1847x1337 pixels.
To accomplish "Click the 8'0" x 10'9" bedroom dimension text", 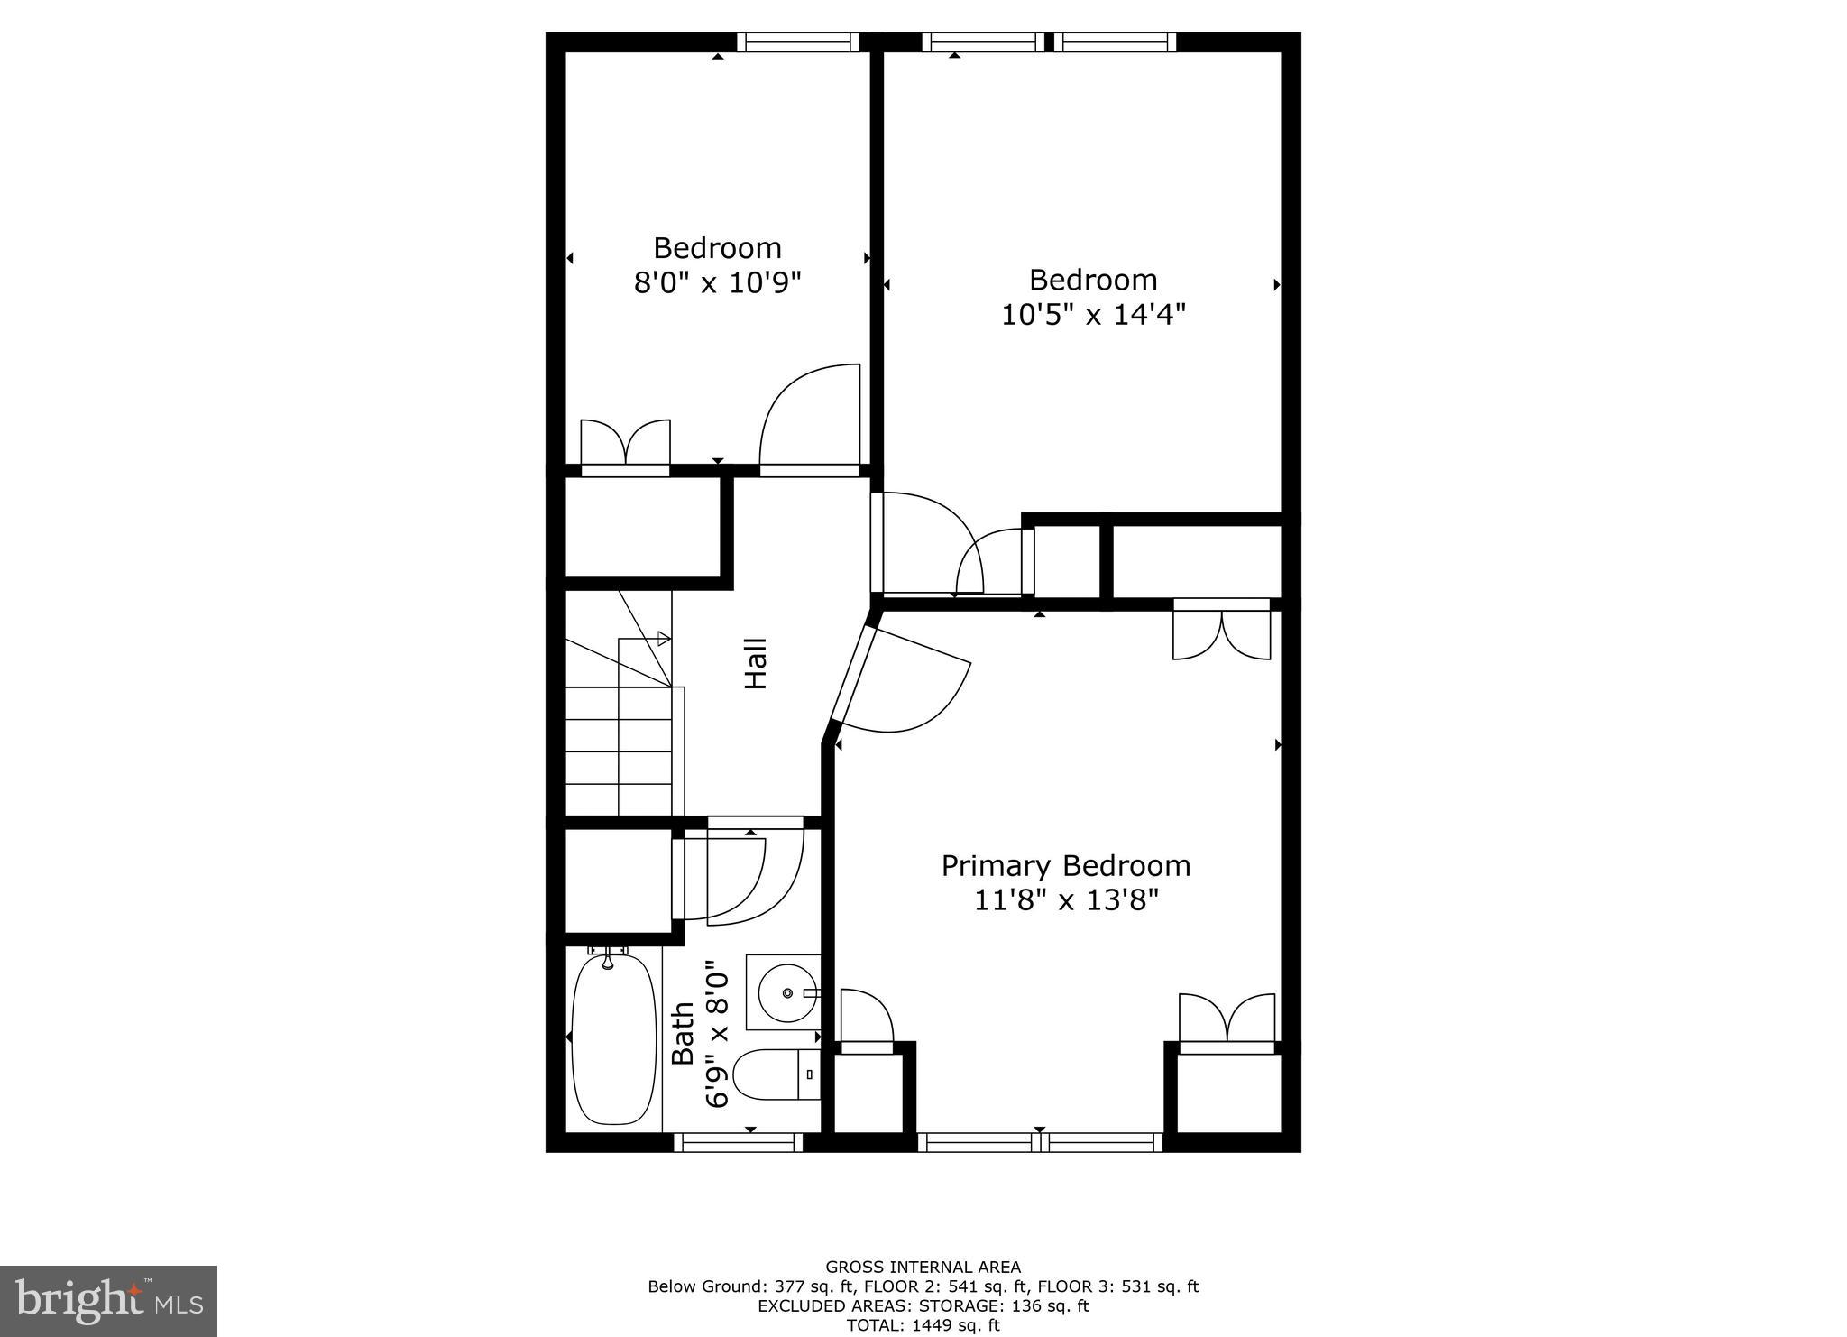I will coord(717,283).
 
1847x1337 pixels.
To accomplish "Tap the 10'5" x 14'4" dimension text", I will coord(1093,315).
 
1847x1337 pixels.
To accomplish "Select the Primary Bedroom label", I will coord(1065,866).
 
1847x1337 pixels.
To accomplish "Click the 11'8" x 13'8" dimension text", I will coord(1065,900).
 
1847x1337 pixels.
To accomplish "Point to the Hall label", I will coord(755,664).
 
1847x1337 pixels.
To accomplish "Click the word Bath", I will coord(684,1034).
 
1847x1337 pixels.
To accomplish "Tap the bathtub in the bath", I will coord(614,1039).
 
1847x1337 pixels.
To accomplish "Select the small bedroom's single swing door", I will coord(810,419).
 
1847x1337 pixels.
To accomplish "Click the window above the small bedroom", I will coord(798,42).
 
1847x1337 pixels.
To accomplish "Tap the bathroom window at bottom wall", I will coord(738,1143).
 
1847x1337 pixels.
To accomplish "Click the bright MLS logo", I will coord(108,1301).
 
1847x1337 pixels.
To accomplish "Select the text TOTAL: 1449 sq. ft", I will coord(923,1325).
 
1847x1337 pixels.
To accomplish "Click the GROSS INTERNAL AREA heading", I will coord(923,1268).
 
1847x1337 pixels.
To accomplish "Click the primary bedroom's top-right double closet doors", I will coord(1222,631).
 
